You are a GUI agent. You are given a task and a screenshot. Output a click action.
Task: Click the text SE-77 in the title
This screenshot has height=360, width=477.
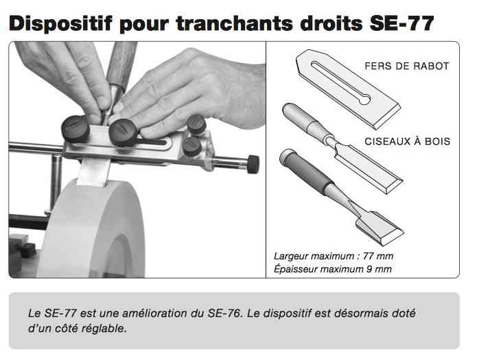[402, 23]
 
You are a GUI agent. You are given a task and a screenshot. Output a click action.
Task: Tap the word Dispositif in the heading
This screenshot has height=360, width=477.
[61, 24]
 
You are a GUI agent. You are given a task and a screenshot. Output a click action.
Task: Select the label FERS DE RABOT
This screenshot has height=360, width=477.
[407, 66]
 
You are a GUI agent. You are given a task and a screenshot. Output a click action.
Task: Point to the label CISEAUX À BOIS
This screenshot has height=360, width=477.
[407, 141]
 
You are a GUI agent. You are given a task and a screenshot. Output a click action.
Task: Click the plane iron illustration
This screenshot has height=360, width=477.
[348, 89]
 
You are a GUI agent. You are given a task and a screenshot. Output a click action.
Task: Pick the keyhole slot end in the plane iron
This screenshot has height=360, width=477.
[364, 99]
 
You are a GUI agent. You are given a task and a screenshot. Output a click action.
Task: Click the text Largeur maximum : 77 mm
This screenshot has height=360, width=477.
[334, 256]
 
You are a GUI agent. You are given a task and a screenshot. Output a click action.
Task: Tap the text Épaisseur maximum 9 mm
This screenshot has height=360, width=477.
[332, 269]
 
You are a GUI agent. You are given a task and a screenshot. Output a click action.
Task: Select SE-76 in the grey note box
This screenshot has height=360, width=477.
[224, 313]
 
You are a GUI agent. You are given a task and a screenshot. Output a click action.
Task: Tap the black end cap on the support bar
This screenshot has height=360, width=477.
[253, 164]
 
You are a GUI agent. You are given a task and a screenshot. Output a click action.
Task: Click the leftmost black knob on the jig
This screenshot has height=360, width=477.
[75, 128]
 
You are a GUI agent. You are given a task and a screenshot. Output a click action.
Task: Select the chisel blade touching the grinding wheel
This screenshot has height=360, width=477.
[93, 172]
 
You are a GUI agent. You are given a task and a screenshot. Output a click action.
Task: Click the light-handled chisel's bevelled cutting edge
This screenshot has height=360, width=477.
[394, 185]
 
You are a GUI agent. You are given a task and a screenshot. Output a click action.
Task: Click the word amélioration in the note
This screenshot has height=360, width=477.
[154, 313]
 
